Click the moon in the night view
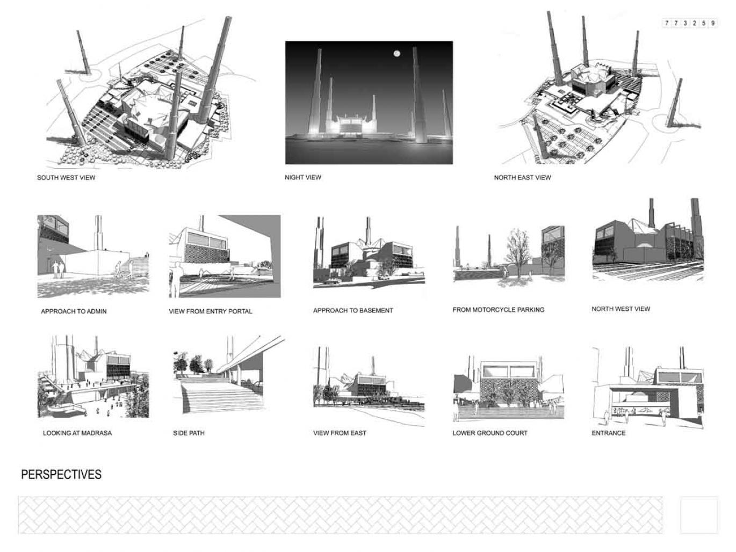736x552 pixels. coord(396,53)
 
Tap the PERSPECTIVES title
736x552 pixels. coord(61,474)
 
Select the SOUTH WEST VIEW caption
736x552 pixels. coord(66,178)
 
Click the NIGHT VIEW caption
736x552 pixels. coord(303,177)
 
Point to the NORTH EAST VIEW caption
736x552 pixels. coord(522,178)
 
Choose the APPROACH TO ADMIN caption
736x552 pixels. coord(74,311)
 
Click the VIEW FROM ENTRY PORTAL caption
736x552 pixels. coord(211,311)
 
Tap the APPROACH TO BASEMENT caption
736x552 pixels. coord(353,311)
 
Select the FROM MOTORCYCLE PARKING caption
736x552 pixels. coord(498,310)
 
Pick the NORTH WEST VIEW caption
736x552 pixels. coord(620,309)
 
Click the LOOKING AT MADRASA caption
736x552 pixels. coord(77,433)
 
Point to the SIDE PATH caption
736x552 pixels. coord(189,433)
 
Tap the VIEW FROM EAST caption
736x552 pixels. coord(340,433)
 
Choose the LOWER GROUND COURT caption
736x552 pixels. coord(490,433)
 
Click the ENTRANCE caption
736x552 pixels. coord(609,433)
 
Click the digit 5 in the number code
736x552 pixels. coord(703,23)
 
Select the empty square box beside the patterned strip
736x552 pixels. coord(699,515)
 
